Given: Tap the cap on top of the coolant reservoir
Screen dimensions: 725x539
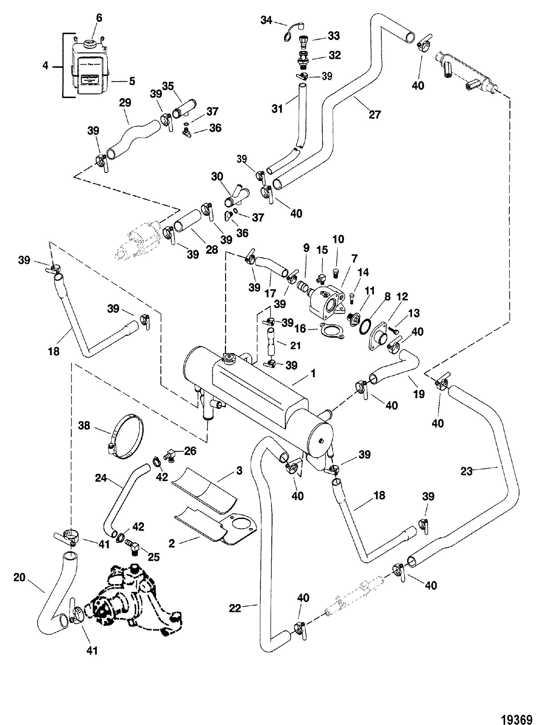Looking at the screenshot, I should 89,43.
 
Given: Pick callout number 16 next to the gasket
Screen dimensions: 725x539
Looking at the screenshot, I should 301,328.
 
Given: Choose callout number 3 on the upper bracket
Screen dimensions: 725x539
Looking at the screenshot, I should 240,471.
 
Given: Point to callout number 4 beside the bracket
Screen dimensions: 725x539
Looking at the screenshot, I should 45,66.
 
